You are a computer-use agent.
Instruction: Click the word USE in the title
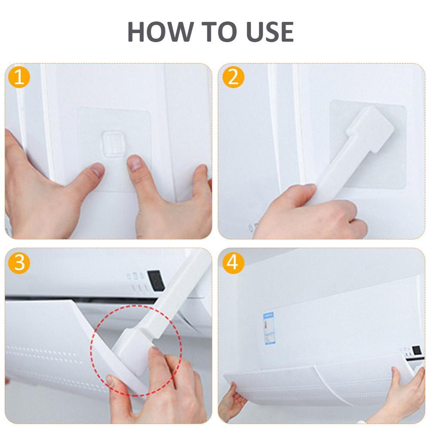click(264, 31)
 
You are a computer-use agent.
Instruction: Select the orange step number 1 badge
click(19, 78)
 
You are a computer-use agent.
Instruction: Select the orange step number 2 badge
click(233, 78)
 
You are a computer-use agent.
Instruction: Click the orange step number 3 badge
click(19, 263)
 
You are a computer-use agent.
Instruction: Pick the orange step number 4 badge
click(233, 263)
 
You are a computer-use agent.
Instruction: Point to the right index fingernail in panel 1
click(135, 164)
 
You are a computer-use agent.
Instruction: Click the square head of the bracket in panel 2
click(372, 125)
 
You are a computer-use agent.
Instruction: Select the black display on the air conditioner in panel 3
click(156, 280)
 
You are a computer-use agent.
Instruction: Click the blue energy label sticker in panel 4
click(269, 329)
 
